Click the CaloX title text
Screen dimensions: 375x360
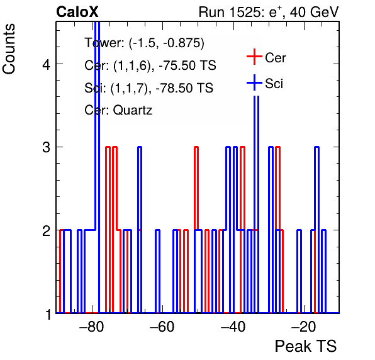pos(77,12)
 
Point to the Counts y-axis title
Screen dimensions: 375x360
pos(9,49)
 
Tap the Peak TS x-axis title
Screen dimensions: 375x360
pos(306,346)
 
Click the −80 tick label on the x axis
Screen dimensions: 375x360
pos(92,327)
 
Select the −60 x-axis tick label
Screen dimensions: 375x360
pos(162,327)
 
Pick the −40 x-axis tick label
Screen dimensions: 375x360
pos(233,327)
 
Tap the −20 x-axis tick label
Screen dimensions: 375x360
pos(304,327)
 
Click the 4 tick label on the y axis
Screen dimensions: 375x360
pos(47,64)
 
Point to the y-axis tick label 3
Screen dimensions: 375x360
pos(47,147)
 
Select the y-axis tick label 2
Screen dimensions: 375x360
pos(47,230)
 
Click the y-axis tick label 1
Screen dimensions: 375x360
pos(48,315)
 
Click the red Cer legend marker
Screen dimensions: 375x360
pos(254,57)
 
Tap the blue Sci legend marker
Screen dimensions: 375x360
pos(254,82)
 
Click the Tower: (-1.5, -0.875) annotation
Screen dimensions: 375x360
pos(145,43)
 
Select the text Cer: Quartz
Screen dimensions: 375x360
pos(118,110)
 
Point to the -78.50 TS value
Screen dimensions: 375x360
pos(184,87)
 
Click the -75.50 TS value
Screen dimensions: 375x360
pos(187,65)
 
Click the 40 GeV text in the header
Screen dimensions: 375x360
pos(314,12)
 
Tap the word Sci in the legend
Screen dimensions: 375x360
pos(274,84)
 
